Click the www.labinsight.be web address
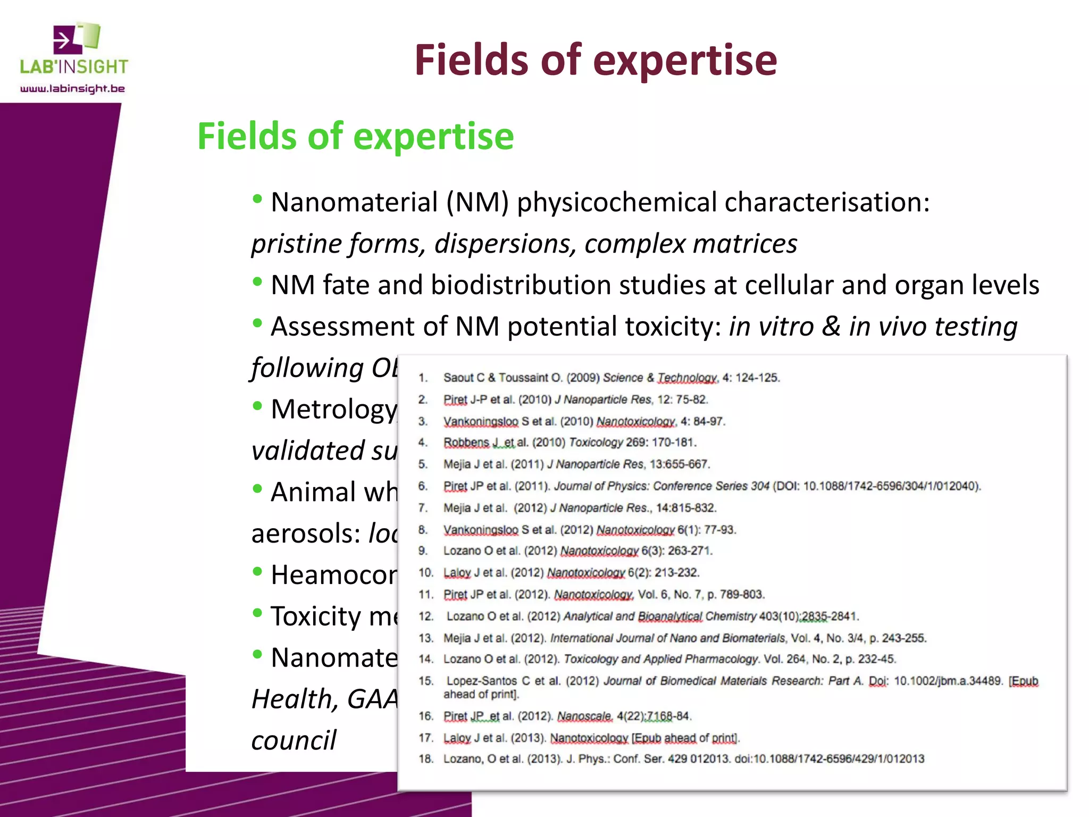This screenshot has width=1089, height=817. [x=72, y=89]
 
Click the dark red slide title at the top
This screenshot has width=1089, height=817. [x=596, y=60]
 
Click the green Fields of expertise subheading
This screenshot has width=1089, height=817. [x=355, y=136]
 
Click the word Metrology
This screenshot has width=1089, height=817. [x=334, y=409]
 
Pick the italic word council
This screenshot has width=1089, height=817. [x=294, y=740]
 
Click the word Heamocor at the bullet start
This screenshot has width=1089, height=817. [x=334, y=575]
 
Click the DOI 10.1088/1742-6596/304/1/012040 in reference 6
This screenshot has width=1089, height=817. [x=891, y=486]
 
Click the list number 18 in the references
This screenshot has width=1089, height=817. [x=426, y=759]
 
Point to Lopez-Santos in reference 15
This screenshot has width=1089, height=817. [x=481, y=681]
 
